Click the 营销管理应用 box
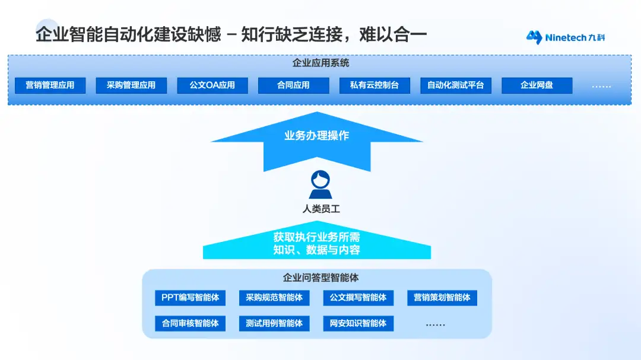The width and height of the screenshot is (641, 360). click(x=50, y=85)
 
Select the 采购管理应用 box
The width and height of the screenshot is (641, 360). click(x=131, y=85)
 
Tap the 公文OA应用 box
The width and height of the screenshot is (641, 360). click(x=212, y=85)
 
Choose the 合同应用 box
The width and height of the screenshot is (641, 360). click(x=293, y=85)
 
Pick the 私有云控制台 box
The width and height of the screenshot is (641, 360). click(x=375, y=85)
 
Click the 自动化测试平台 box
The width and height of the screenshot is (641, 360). click(x=456, y=85)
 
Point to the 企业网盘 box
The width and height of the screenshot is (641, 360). click(x=537, y=85)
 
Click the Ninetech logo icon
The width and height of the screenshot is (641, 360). click(x=535, y=37)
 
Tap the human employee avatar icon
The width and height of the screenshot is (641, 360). click(x=320, y=185)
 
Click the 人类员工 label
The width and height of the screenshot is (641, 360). click(x=320, y=209)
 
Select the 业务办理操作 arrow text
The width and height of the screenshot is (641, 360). click(x=316, y=136)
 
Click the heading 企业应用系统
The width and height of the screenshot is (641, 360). click(x=320, y=63)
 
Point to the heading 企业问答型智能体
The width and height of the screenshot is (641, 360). click(x=320, y=278)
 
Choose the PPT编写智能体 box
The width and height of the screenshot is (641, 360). click(x=190, y=298)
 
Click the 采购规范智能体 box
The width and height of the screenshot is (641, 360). click(x=274, y=298)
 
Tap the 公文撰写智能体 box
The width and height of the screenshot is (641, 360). click(x=358, y=298)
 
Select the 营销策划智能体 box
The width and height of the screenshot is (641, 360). click(x=442, y=298)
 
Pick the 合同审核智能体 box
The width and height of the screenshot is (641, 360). click(x=190, y=323)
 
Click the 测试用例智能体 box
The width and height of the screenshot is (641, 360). click(x=274, y=323)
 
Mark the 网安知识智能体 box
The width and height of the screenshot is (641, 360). click(x=358, y=323)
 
